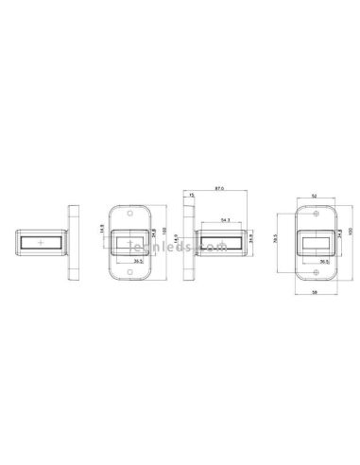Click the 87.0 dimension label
click(219, 190)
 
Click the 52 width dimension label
click(313, 196)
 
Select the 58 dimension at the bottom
click(313, 295)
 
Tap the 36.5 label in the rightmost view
click(324, 263)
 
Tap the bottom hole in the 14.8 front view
click(129, 271)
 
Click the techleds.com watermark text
click(197, 249)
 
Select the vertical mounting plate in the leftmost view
click(71, 244)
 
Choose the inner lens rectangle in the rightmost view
click(314, 246)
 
